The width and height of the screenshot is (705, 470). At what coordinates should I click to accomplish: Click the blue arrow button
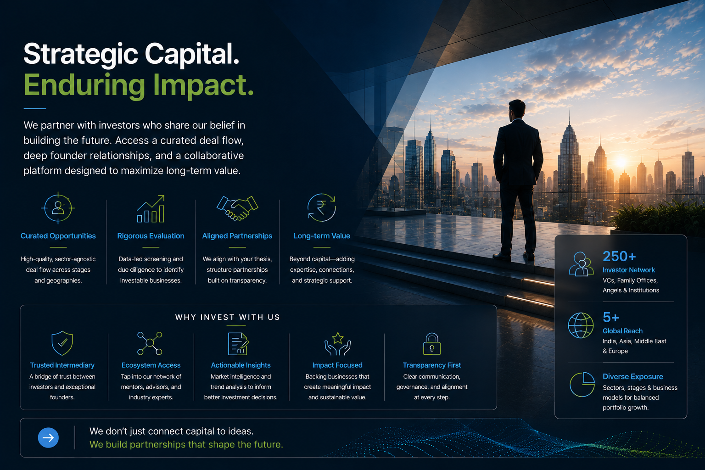click(x=48, y=437)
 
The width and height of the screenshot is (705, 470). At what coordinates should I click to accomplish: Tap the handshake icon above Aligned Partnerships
click(x=237, y=208)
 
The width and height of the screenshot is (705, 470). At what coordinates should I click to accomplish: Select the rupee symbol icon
click(x=321, y=208)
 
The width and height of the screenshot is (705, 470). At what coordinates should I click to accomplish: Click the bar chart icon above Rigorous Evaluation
click(x=151, y=209)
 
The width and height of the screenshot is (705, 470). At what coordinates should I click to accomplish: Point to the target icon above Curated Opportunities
click(x=58, y=208)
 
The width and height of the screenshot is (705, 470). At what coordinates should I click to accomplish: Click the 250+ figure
click(x=619, y=256)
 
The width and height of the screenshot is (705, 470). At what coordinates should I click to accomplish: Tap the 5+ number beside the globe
click(x=610, y=317)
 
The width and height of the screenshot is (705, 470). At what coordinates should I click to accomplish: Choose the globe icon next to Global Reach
click(x=581, y=325)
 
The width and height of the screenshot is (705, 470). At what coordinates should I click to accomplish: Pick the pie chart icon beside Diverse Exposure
click(x=582, y=384)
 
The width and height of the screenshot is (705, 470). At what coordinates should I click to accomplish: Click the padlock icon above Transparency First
click(x=432, y=344)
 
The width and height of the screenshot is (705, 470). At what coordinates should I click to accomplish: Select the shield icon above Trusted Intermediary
click(x=62, y=343)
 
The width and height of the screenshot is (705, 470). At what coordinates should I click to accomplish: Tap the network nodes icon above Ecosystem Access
click(x=150, y=343)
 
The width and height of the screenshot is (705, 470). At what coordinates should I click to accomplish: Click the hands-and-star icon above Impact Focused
click(x=337, y=344)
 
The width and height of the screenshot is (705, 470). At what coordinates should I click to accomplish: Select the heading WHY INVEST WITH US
click(x=228, y=317)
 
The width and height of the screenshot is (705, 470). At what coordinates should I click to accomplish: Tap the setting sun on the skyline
click(x=621, y=162)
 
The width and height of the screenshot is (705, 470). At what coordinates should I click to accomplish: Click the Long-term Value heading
click(x=322, y=236)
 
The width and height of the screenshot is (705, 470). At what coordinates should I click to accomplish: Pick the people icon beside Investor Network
click(x=581, y=264)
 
